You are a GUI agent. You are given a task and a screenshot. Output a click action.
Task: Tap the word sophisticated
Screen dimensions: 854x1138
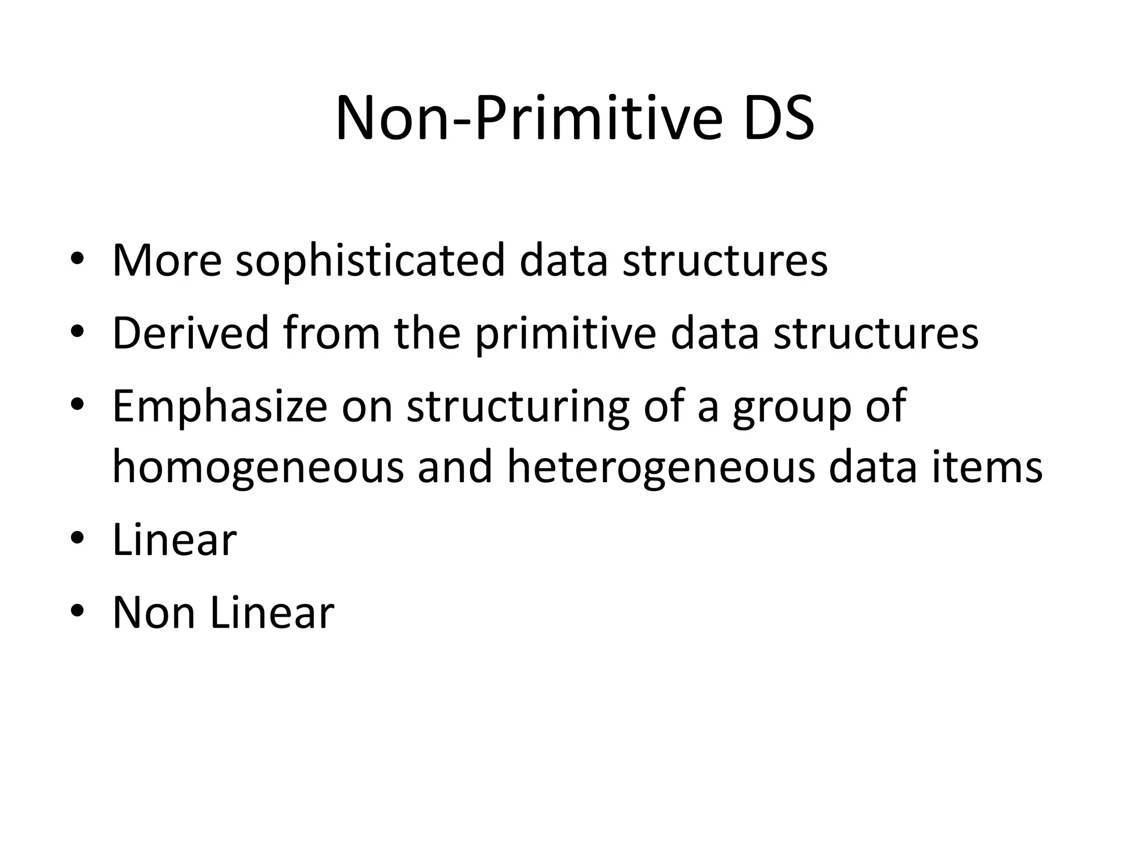point(370,260)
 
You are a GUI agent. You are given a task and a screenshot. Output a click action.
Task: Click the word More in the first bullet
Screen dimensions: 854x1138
point(167,260)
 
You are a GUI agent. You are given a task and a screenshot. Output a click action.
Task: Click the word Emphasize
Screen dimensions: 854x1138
point(220,406)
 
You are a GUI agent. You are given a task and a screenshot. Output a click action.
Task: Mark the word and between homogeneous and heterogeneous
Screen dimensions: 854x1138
point(455,467)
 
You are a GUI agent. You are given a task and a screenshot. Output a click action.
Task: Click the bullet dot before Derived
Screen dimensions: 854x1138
point(77,332)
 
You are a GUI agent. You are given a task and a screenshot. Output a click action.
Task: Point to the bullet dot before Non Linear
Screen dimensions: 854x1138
point(77,612)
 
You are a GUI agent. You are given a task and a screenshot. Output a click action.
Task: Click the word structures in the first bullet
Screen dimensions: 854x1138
point(725,260)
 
